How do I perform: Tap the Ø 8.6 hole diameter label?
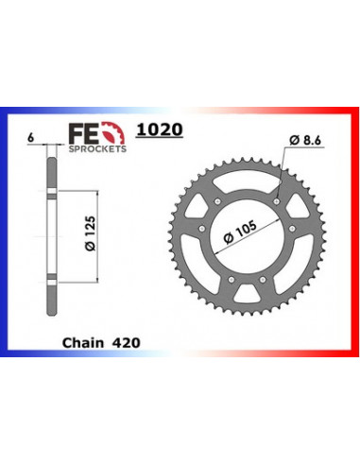tap(307, 141)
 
